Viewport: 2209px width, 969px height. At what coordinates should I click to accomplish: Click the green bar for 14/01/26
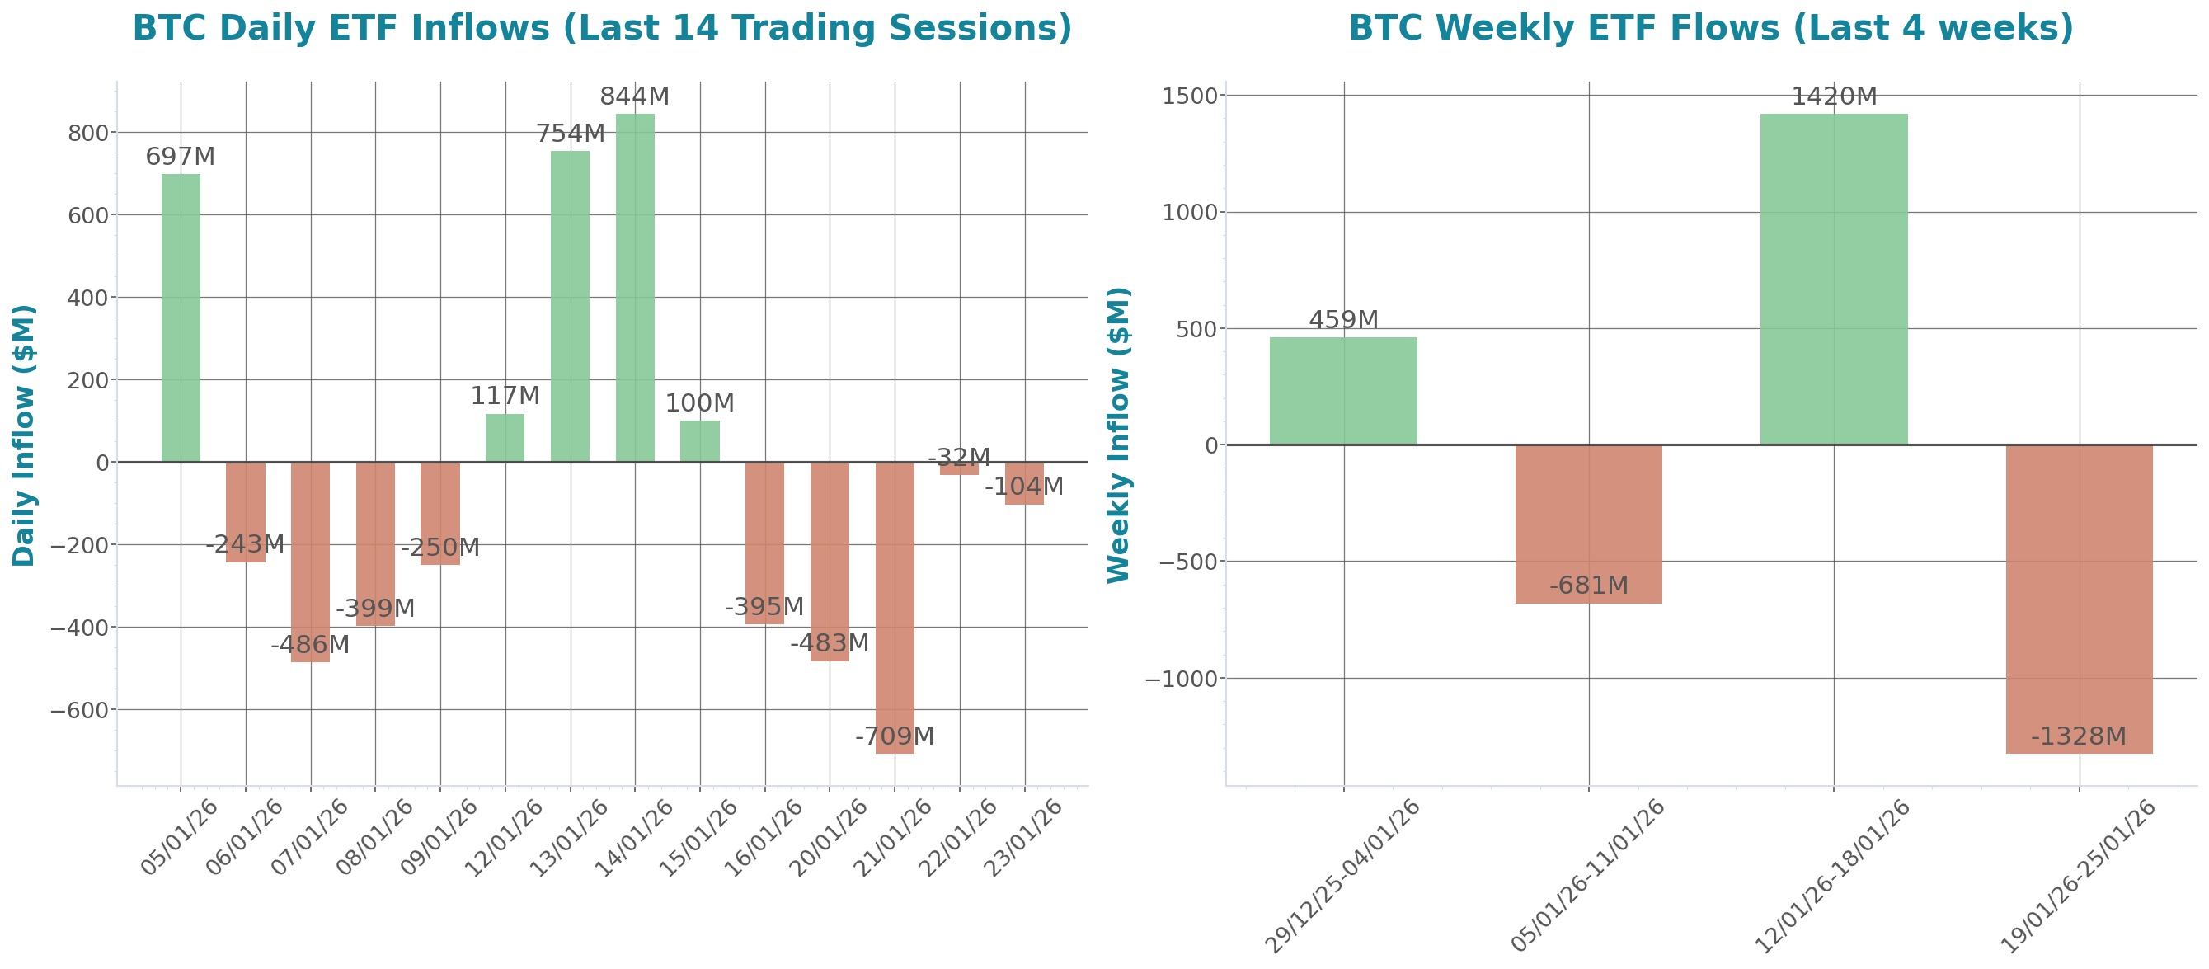point(635,287)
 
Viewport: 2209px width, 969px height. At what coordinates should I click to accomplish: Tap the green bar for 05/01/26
point(181,318)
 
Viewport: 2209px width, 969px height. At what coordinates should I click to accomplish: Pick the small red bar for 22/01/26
point(959,469)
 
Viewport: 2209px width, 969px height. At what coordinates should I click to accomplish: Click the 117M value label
point(505,396)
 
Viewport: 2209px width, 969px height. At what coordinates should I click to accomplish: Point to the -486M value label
point(310,645)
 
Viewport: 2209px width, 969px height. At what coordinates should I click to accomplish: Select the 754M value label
point(571,134)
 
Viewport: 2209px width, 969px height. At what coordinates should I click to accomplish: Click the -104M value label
point(1024,487)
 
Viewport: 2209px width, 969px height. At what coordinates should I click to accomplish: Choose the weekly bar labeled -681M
point(1588,523)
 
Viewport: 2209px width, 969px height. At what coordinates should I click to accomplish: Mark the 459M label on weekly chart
point(1343,320)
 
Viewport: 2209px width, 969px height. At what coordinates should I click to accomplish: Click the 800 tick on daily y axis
point(88,133)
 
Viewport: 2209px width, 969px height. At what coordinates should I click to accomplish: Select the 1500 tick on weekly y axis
point(1189,96)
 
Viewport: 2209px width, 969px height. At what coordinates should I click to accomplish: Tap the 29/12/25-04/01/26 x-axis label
point(1344,875)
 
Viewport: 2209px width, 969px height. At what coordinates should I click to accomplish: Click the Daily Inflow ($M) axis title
point(24,435)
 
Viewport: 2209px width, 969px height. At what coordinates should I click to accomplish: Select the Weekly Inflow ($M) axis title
point(1119,435)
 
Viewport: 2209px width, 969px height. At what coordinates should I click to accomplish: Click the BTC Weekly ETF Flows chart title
point(1711,28)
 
